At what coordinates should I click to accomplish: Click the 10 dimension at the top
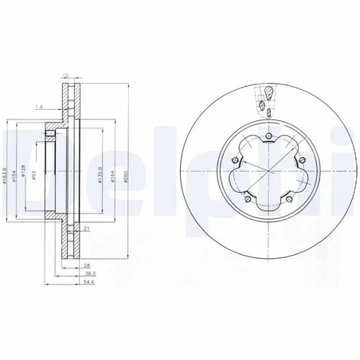pyautogui.click(x=65, y=76)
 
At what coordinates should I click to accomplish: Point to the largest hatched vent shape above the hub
pyautogui.click(x=268, y=92)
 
